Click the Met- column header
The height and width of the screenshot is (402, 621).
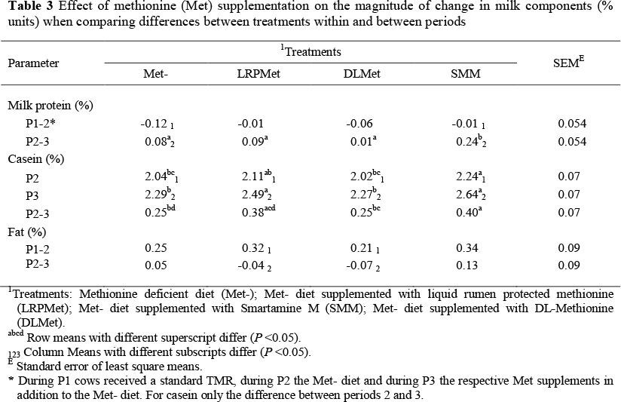(154, 74)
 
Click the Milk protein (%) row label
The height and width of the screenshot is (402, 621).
(50, 106)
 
